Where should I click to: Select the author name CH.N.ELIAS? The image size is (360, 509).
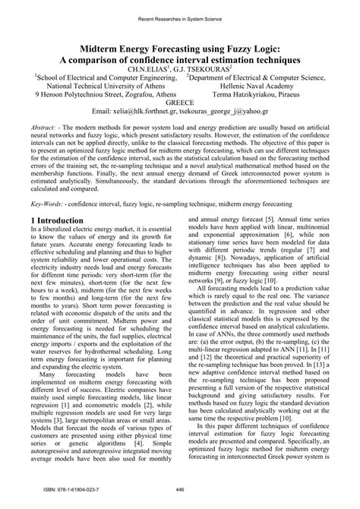153,68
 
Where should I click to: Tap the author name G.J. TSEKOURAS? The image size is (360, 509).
204,68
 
